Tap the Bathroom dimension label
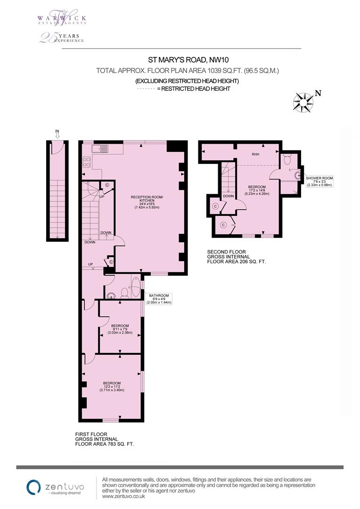pos(158,299)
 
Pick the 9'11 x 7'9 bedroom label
pos(120,329)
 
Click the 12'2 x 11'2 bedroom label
pos(112,386)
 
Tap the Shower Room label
pos(320,181)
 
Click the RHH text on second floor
pos(256,154)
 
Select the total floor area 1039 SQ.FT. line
pos(188,71)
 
